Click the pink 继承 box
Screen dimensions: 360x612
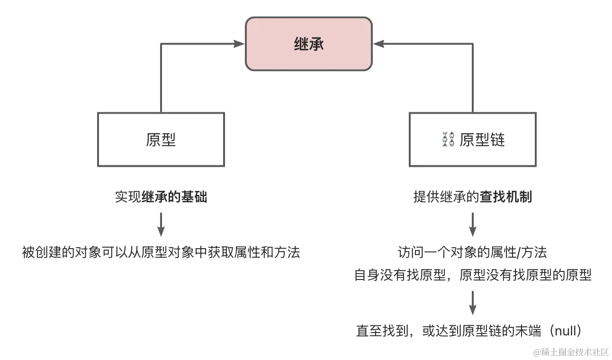click(308, 44)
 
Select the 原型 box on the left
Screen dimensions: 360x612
click(161, 139)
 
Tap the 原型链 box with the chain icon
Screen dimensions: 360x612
click(472, 139)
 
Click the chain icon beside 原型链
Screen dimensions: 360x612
click(448, 140)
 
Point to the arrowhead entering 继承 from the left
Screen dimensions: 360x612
click(240, 44)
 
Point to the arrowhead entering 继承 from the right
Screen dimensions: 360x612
click(378, 44)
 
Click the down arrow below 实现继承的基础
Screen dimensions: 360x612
click(161, 225)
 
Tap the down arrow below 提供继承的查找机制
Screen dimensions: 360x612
click(472, 225)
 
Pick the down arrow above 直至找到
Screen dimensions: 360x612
click(472, 303)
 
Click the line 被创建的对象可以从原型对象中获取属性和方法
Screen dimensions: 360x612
click(161, 252)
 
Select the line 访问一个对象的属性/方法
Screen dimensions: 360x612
click(472, 252)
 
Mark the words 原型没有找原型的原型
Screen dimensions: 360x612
click(525, 275)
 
